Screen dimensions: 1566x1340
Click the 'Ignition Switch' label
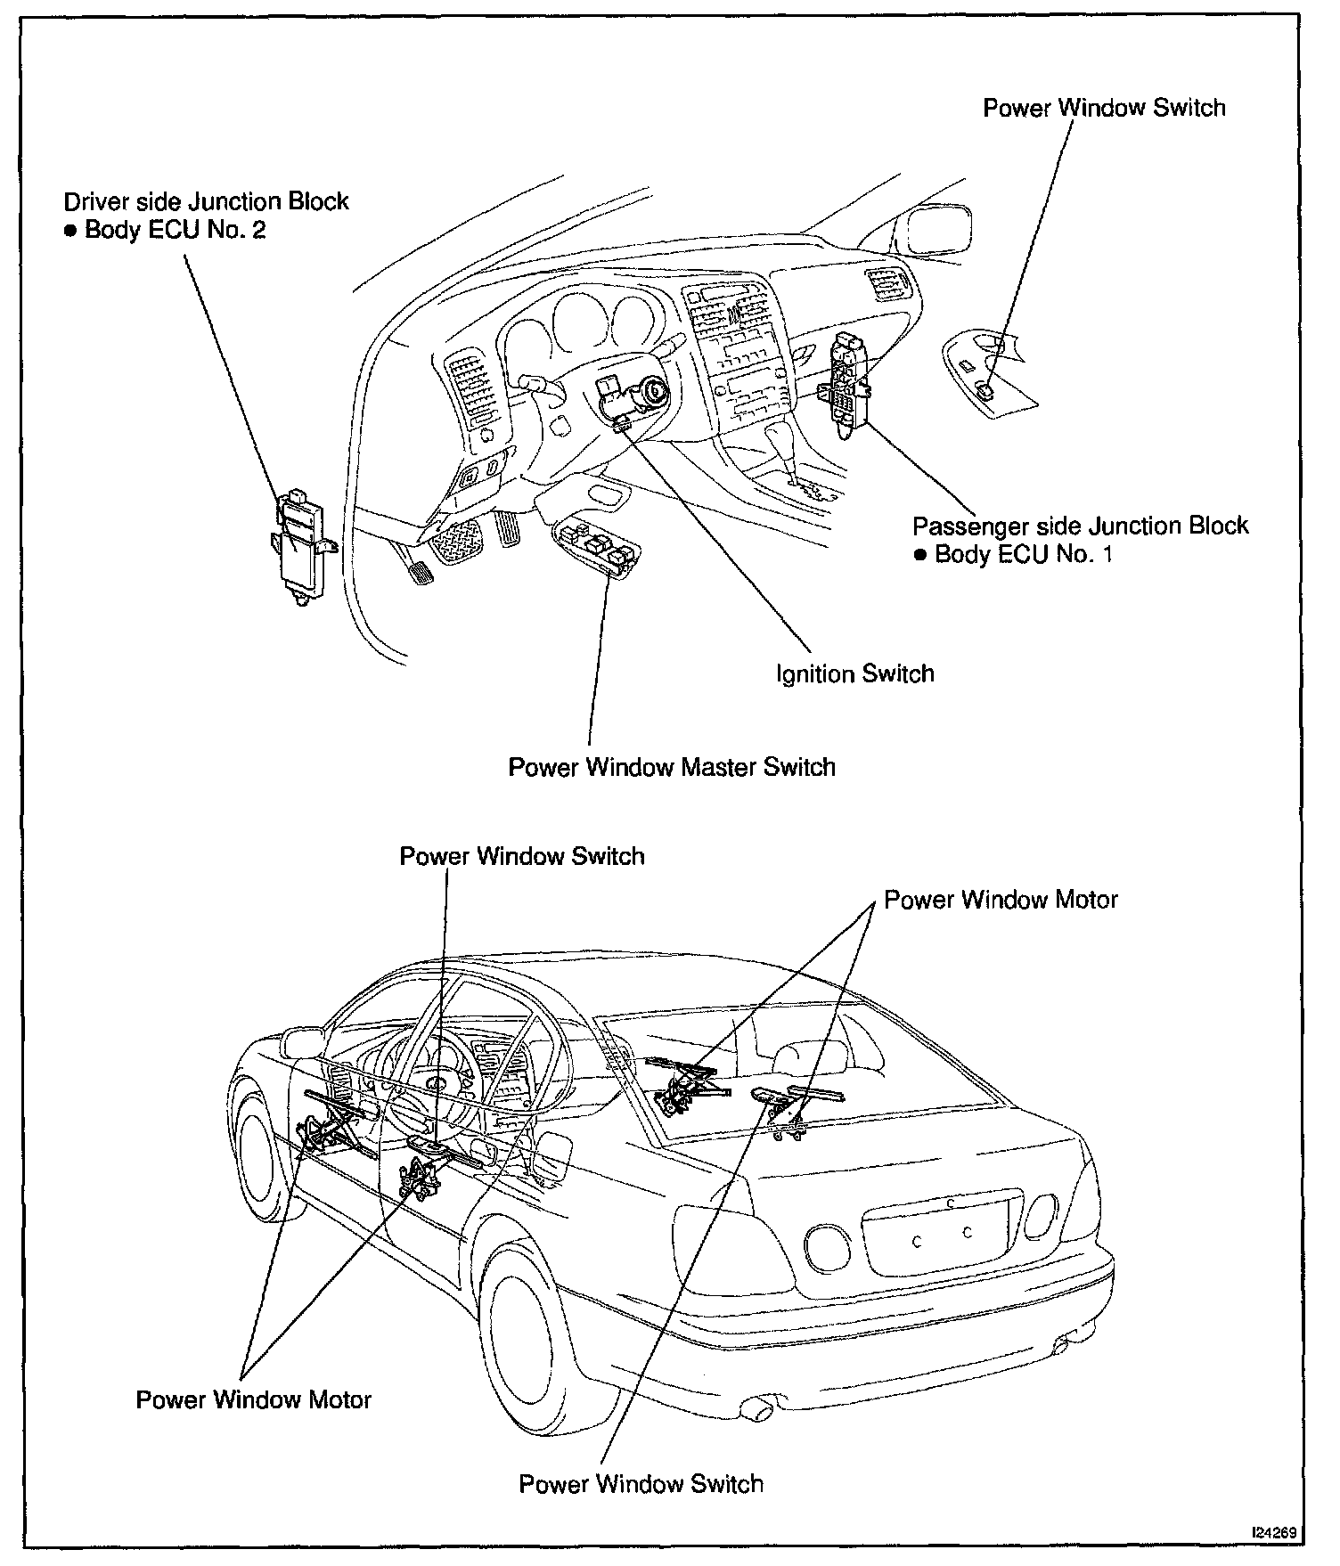(x=854, y=673)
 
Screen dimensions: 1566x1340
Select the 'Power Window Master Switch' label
(x=672, y=767)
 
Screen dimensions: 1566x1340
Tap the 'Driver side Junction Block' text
(x=206, y=201)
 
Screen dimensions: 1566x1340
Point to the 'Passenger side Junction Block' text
(x=1080, y=526)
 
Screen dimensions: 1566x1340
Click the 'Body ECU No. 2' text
(x=175, y=231)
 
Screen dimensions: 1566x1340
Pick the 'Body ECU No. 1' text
(x=1023, y=555)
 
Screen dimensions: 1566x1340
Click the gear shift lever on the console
(x=789, y=454)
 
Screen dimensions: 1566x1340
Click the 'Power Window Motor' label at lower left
(x=253, y=1399)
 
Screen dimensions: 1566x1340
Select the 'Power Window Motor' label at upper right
(x=1001, y=900)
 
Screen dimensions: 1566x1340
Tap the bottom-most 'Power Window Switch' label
(x=641, y=1484)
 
